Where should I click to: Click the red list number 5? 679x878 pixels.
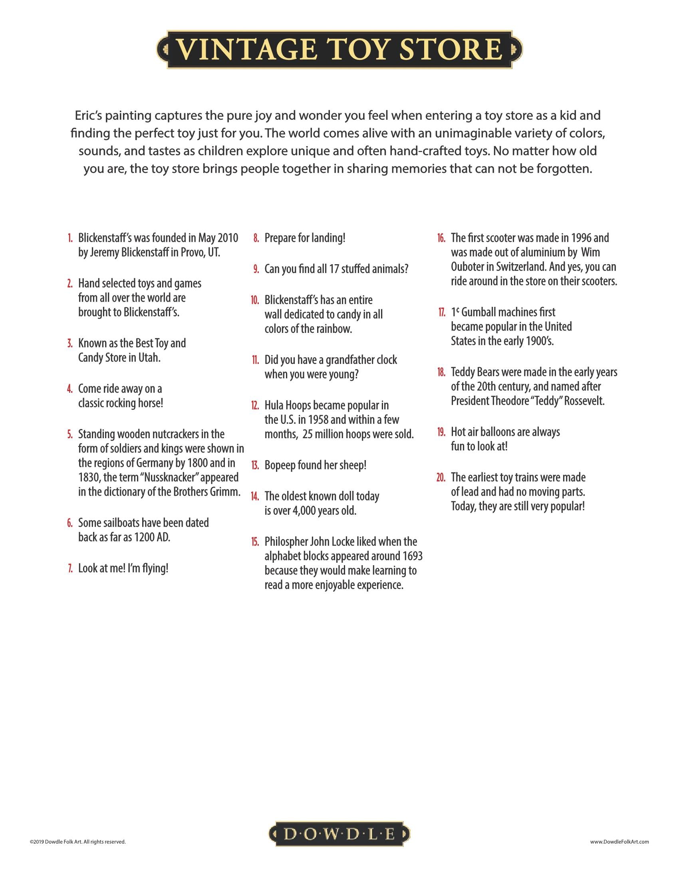(x=70, y=435)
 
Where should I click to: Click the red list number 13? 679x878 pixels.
(x=255, y=465)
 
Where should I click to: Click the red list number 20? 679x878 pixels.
(x=441, y=478)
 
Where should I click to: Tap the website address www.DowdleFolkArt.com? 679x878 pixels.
(x=619, y=841)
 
